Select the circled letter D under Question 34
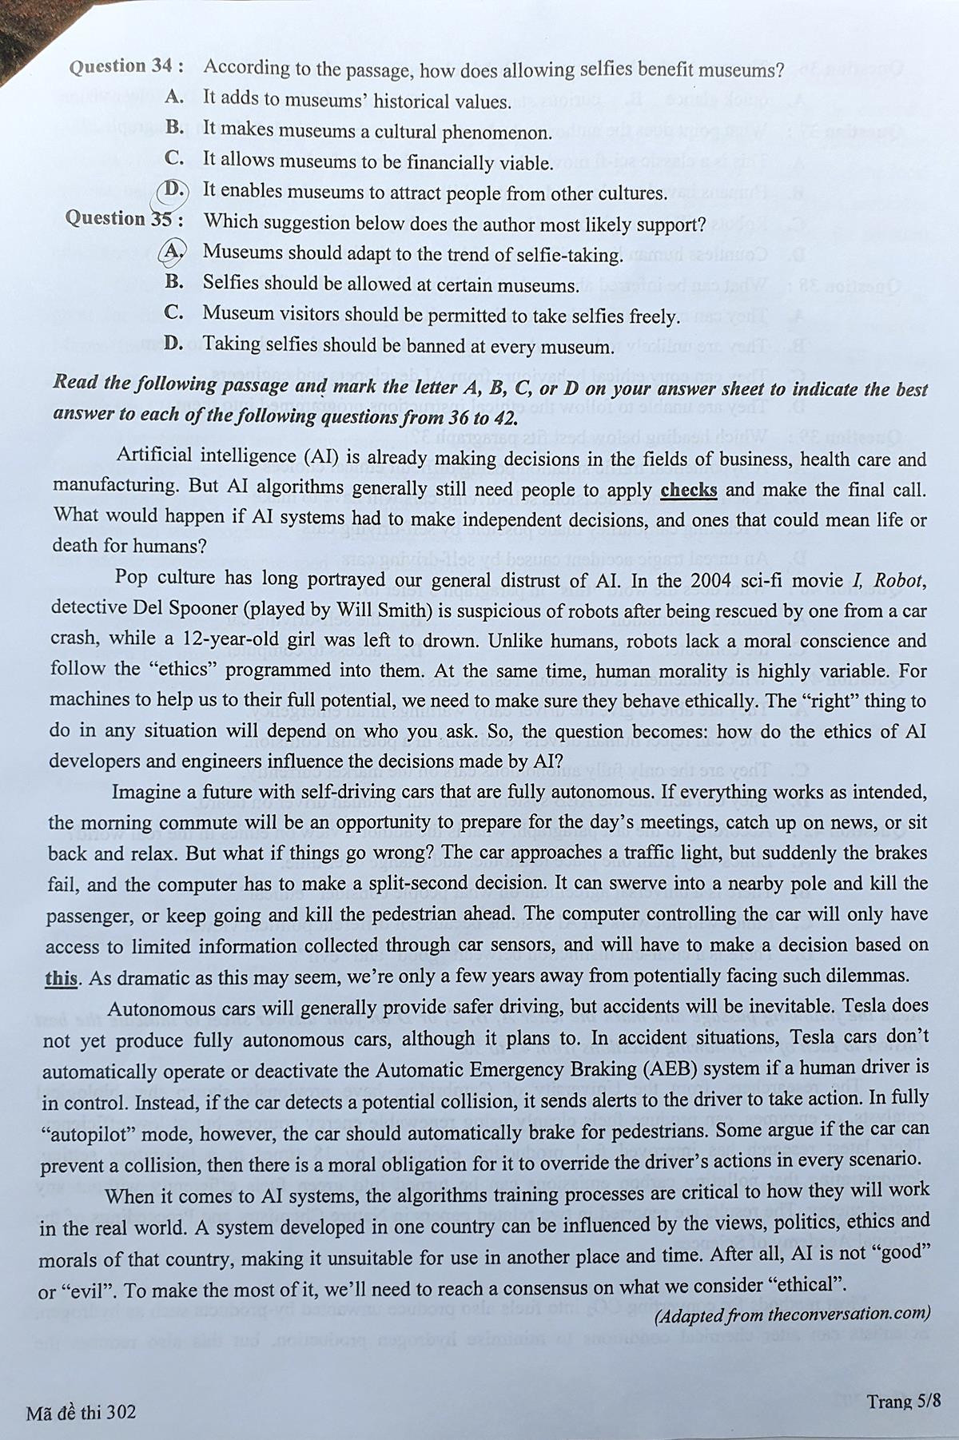pos(173,189)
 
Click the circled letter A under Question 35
pos(173,251)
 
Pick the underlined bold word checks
pos(689,490)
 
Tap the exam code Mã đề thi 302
pos(81,1411)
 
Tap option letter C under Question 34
pos(175,157)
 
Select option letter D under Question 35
pos(173,344)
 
